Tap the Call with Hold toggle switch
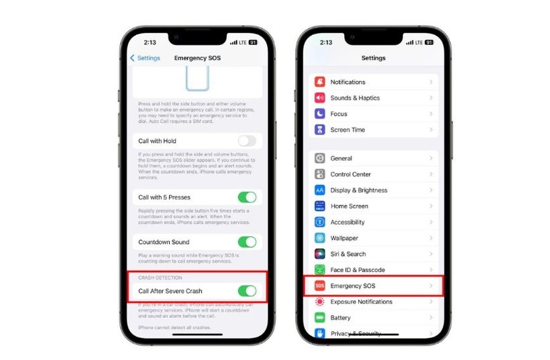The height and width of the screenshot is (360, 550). click(x=247, y=141)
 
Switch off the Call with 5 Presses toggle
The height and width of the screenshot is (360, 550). click(x=247, y=197)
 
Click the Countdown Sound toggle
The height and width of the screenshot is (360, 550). click(x=247, y=242)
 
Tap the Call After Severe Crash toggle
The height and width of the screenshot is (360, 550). click(x=247, y=291)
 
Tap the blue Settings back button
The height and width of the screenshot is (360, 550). click(x=145, y=58)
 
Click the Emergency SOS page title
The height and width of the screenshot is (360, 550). click(x=197, y=58)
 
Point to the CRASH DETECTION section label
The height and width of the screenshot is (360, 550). click(x=160, y=278)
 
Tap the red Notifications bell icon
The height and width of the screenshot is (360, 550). click(x=320, y=82)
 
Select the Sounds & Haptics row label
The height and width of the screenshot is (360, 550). click(x=355, y=98)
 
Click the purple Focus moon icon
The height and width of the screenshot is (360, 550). click(x=320, y=114)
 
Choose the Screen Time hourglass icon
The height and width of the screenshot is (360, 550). click(x=320, y=130)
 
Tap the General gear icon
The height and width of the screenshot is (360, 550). click(x=320, y=158)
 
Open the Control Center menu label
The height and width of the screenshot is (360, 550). click(x=351, y=174)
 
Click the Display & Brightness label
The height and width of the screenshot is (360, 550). click(x=358, y=190)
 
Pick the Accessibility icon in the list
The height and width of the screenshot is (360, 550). click(x=320, y=222)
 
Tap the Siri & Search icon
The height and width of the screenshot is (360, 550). click(x=320, y=254)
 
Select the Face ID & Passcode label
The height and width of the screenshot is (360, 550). click(x=357, y=270)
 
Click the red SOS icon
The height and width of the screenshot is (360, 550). click(x=320, y=286)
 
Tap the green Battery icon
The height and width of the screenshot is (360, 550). click(x=320, y=318)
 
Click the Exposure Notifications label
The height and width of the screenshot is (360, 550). click(x=361, y=302)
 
